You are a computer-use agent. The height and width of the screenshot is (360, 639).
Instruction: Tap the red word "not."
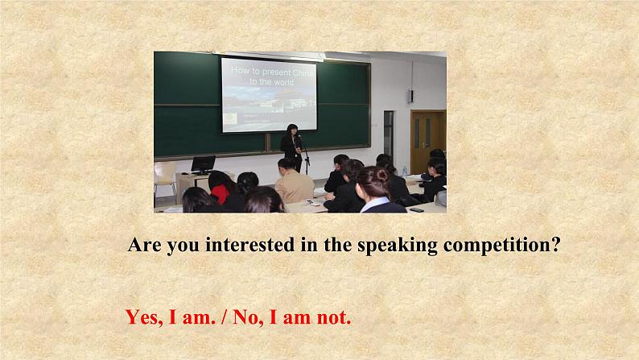pos(331,317)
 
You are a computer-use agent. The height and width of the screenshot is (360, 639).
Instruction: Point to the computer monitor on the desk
pos(203,163)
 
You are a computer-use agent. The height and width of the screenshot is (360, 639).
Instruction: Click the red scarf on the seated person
pos(219,193)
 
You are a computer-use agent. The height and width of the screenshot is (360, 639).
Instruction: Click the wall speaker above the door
pos(410,96)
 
